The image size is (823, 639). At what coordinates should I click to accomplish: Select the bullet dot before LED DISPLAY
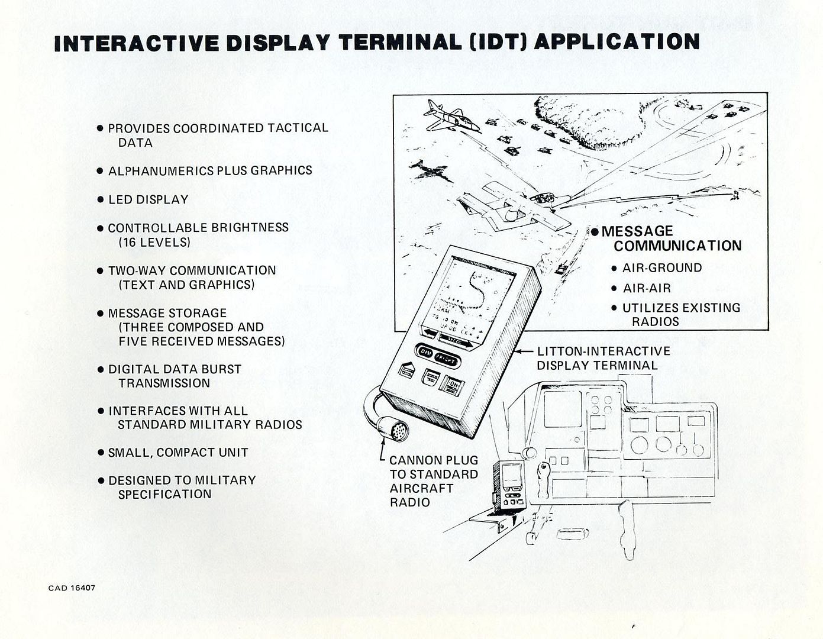coord(100,200)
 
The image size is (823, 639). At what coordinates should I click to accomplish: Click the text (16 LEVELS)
coord(154,242)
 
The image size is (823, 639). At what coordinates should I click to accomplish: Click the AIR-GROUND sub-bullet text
coord(661,268)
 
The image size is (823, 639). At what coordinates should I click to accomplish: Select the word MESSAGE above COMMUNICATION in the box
coord(637,231)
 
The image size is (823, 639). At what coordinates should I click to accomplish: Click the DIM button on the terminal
coord(425,351)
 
